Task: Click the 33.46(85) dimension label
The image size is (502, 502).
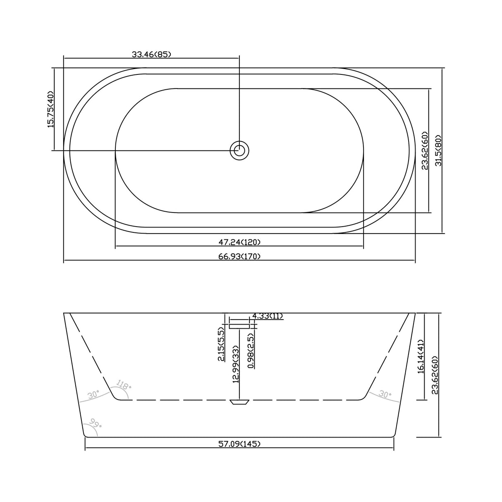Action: (x=151, y=54)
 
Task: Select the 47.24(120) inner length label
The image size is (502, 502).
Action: (x=239, y=242)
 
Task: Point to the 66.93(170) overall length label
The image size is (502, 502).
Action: (x=239, y=256)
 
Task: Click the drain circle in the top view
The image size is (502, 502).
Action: (x=239, y=150)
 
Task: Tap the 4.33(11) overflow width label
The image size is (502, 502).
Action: (x=267, y=316)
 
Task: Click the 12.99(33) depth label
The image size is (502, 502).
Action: (x=236, y=365)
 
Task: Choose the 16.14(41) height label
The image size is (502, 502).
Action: (x=421, y=356)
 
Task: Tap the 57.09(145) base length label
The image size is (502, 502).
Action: (x=239, y=444)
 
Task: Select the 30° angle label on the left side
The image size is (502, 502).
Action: (x=93, y=395)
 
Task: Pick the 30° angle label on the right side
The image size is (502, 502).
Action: (x=385, y=394)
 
